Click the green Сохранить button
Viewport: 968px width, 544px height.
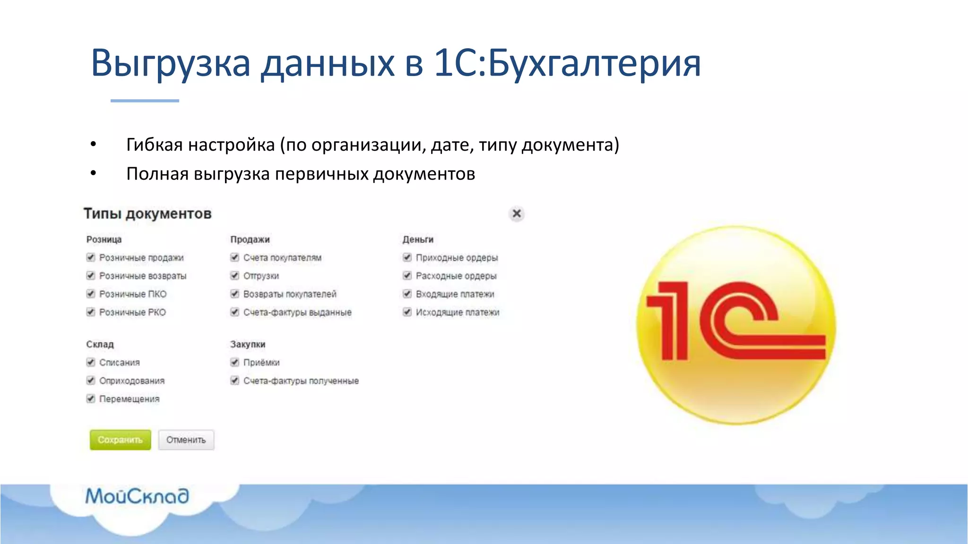(x=120, y=440)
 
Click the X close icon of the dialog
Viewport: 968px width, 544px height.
(x=517, y=214)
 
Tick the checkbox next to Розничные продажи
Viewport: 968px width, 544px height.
(x=91, y=257)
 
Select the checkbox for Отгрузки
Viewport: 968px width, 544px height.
(x=235, y=276)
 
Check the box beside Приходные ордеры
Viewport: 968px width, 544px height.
(x=407, y=257)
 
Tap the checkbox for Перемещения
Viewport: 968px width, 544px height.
(x=91, y=399)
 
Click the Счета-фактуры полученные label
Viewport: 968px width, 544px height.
(x=301, y=381)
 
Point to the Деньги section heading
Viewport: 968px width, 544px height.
(x=418, y=239)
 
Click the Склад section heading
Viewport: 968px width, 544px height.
(x=100, y=344)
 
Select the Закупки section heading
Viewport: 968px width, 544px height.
(x=248, y=344)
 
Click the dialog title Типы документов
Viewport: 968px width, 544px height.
(x=147, y=214)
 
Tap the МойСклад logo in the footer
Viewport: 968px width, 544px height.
(x=137, y=496)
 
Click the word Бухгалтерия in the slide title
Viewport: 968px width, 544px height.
(x=594, y=63)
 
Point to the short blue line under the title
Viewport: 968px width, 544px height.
(x=145, y=101)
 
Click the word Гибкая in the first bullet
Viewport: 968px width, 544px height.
(x=154, y=145)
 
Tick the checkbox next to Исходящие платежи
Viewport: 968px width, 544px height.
(x=407, y=312)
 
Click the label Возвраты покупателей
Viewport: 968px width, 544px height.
(x=289, y=294)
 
